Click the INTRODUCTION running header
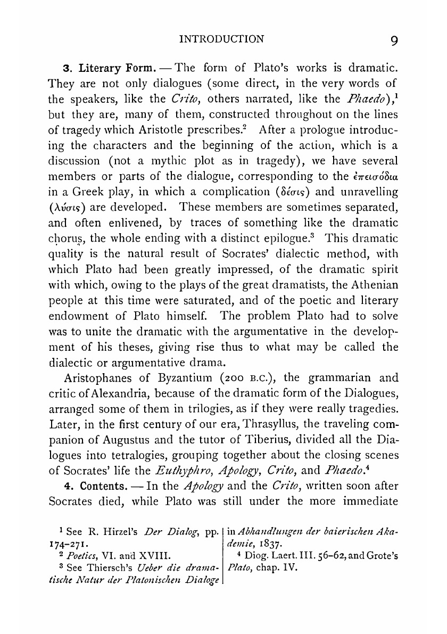[x=222, y=39]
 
